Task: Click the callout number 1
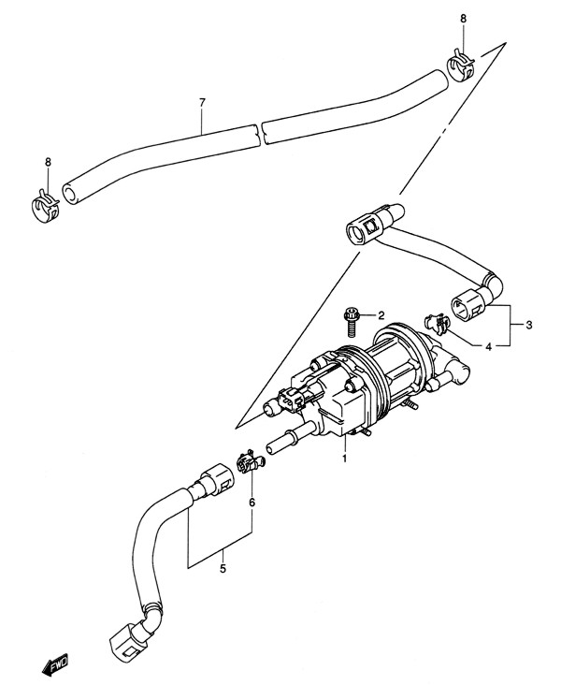coord(344,459)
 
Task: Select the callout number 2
coord(381,315)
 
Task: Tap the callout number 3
coord(528,325)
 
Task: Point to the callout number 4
coord(488,347)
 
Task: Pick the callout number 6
coord(252,503)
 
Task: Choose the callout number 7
coord(202,103)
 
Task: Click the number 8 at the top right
coord(463,19)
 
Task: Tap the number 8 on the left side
coord(48,162)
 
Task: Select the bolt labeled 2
coord(350,323)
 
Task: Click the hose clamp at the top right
coord(461,66)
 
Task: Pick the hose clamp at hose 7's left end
coord(45,204)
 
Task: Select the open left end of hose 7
coord(69,194)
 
